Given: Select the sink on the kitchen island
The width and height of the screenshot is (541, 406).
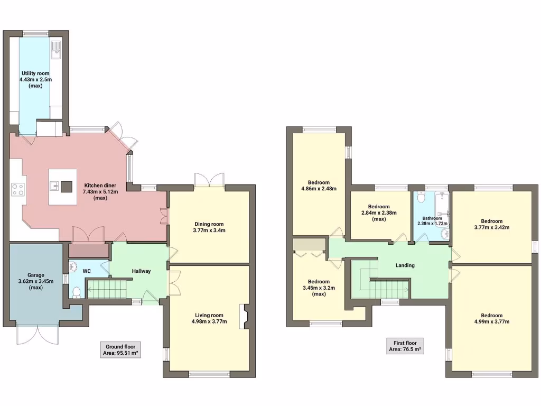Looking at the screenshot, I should point(55,185).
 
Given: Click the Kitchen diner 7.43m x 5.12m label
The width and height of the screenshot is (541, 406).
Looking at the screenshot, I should point(100,191).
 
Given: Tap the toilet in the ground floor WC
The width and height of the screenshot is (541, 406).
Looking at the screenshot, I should point(77,291).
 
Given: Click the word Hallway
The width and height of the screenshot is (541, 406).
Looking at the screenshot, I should point(141,271).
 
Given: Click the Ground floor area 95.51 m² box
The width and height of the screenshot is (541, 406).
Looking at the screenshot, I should point(120,350).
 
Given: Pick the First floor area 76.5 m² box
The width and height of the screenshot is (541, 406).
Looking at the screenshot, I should point(405,346).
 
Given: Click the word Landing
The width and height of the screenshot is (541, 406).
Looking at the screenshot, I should point(405,265).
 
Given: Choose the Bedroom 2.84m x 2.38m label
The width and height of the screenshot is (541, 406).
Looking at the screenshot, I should point(379,213).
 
